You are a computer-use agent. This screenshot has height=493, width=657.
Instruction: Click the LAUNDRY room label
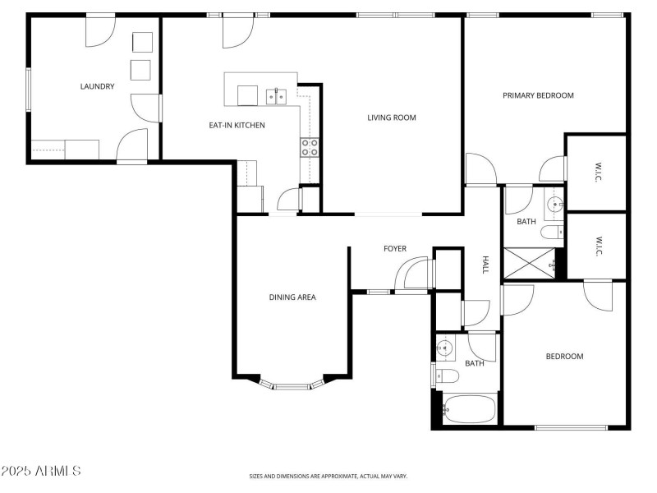point(97,86)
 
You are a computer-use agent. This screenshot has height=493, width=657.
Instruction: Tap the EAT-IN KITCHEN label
point(237,125)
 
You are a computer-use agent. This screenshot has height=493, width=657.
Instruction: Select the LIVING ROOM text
point(392,117)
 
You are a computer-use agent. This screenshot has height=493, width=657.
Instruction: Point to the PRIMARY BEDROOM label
point(538,95)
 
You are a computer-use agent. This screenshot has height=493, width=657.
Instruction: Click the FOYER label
point(395,249)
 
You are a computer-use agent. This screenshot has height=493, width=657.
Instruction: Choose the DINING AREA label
point(292,297)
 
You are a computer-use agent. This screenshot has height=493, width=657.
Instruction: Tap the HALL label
point(485,265)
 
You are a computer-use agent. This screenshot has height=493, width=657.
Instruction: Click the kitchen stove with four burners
point(310,147)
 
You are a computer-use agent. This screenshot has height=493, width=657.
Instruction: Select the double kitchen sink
point(276,97)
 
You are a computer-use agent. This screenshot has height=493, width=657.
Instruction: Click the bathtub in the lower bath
point(470,408)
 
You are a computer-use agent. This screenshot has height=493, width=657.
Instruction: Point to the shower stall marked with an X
point(529,263)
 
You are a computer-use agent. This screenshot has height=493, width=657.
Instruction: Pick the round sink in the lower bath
point(443,348)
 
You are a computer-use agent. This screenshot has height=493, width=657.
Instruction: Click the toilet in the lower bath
point(448,376)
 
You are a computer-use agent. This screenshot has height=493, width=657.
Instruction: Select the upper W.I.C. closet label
point(598,172)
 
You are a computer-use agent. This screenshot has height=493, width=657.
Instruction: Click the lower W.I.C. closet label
point(598,246)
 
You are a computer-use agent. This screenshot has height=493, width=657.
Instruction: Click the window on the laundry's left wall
point(29,90)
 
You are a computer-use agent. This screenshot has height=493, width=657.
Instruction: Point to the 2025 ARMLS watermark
point(40,471)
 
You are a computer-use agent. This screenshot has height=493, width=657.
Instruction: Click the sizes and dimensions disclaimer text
point(328,477)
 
